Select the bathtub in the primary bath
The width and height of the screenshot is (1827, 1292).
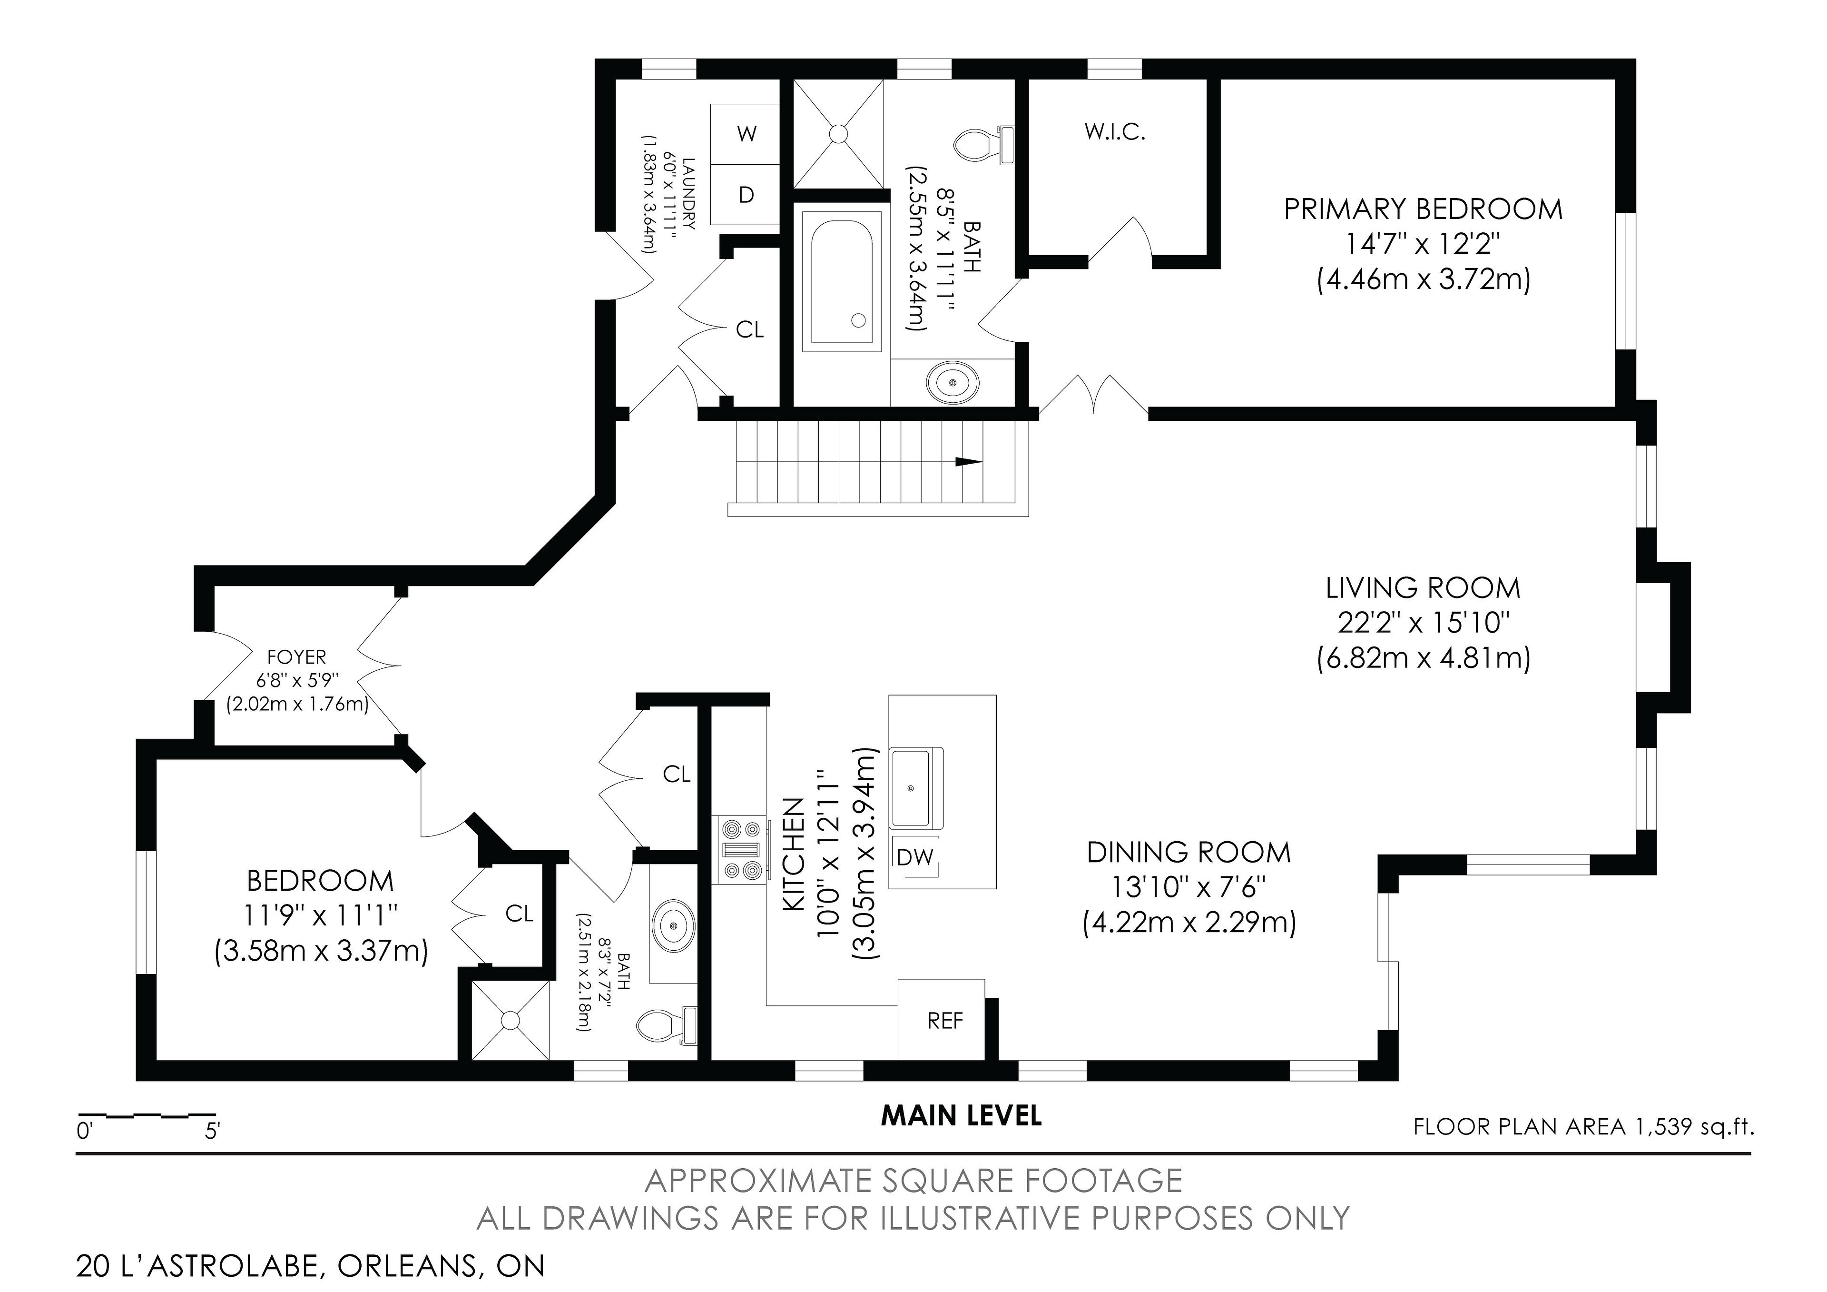click(x=842, y=278)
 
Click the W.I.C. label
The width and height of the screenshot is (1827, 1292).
click(x=1115, y=133)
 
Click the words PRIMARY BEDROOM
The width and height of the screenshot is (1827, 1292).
click(x=1423, y=209)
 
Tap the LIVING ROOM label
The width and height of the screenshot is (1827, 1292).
click(x=1423, y=588)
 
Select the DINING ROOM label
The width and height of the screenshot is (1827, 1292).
click(x=1189, y=853)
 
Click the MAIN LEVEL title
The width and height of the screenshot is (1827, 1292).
click(x=961, y=1116)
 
